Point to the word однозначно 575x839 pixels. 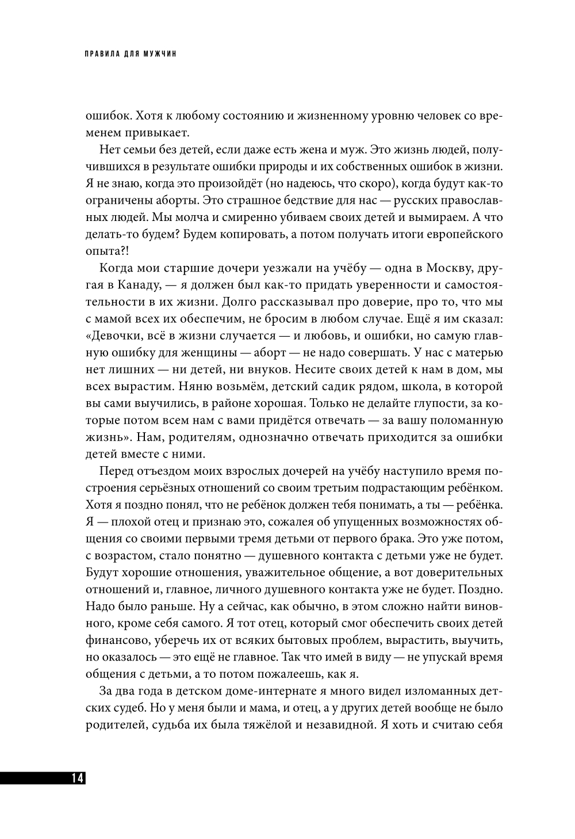point(264,436)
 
